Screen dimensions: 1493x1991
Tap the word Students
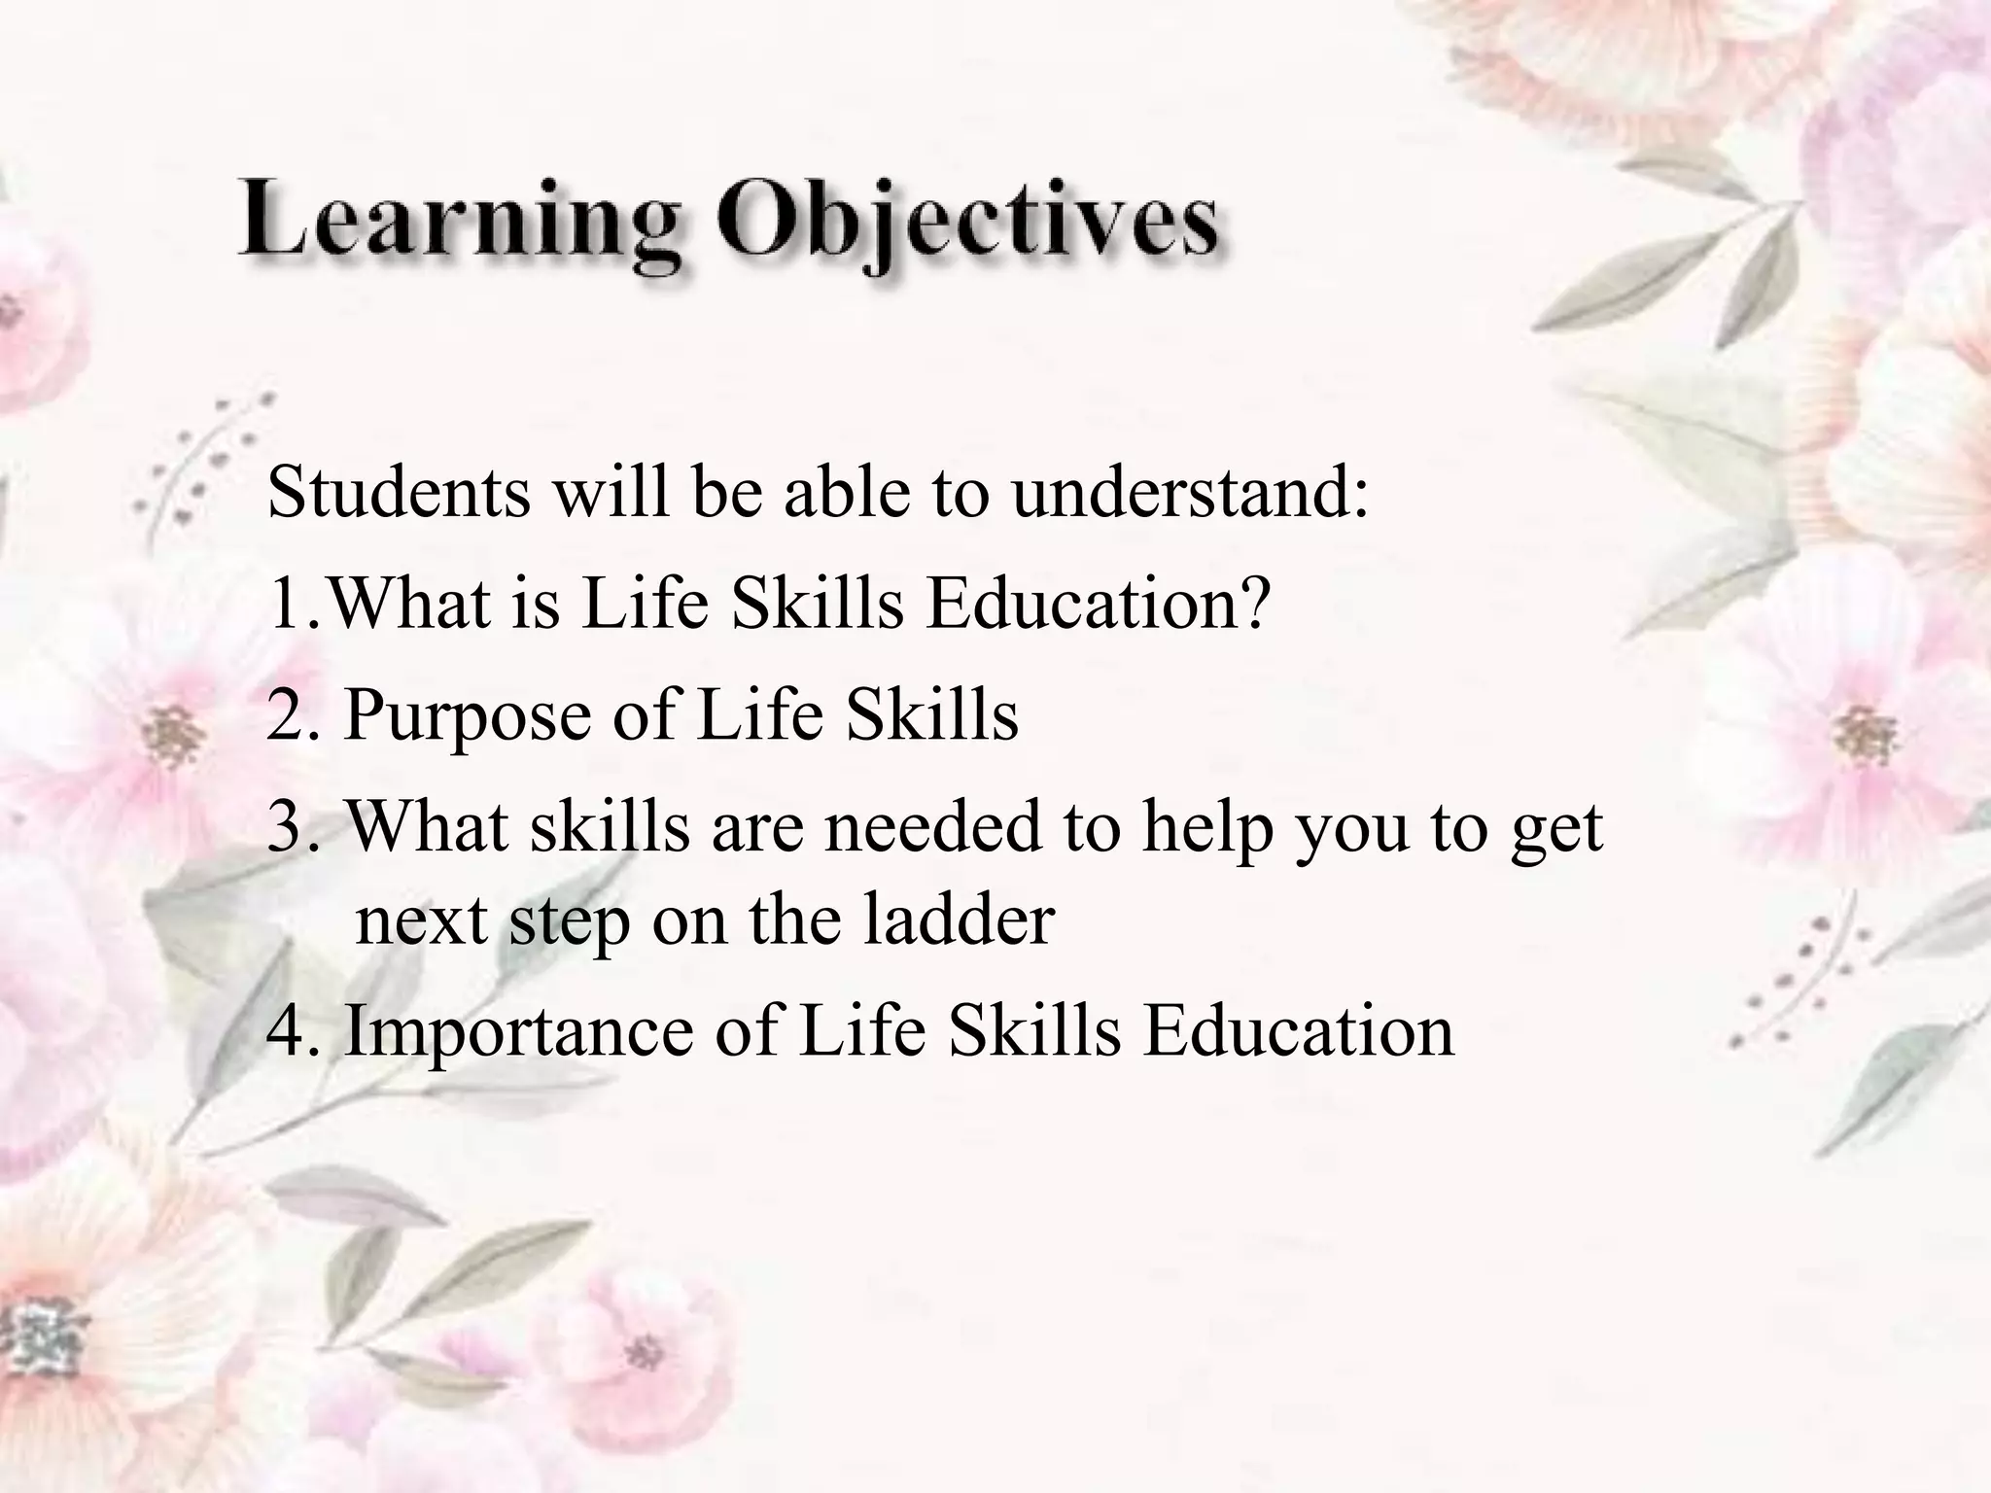pos(399,492)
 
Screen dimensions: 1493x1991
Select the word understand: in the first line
pos(1190,492)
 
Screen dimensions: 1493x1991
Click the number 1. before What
pos(293,605)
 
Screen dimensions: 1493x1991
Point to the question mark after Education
pos(1255,603)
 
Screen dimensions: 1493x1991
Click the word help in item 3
pos(1206,829)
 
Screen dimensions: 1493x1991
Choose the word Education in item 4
pos(1298,1030)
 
